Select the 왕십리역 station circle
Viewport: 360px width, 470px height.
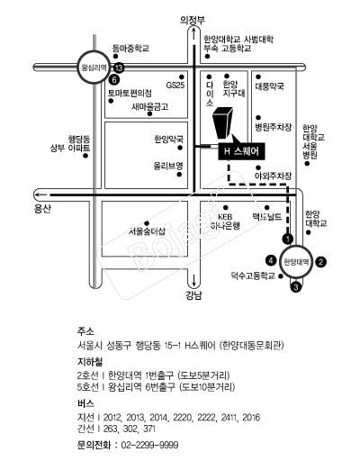point(94,67)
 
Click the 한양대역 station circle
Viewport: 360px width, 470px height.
point(296,261)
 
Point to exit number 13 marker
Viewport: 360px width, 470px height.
point(119,68)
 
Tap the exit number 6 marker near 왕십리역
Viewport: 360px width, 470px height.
point(114,79)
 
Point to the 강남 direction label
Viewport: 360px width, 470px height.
point(193,294)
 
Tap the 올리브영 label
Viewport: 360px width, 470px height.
point(168,166)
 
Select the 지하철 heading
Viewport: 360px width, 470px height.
point(90,358)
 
